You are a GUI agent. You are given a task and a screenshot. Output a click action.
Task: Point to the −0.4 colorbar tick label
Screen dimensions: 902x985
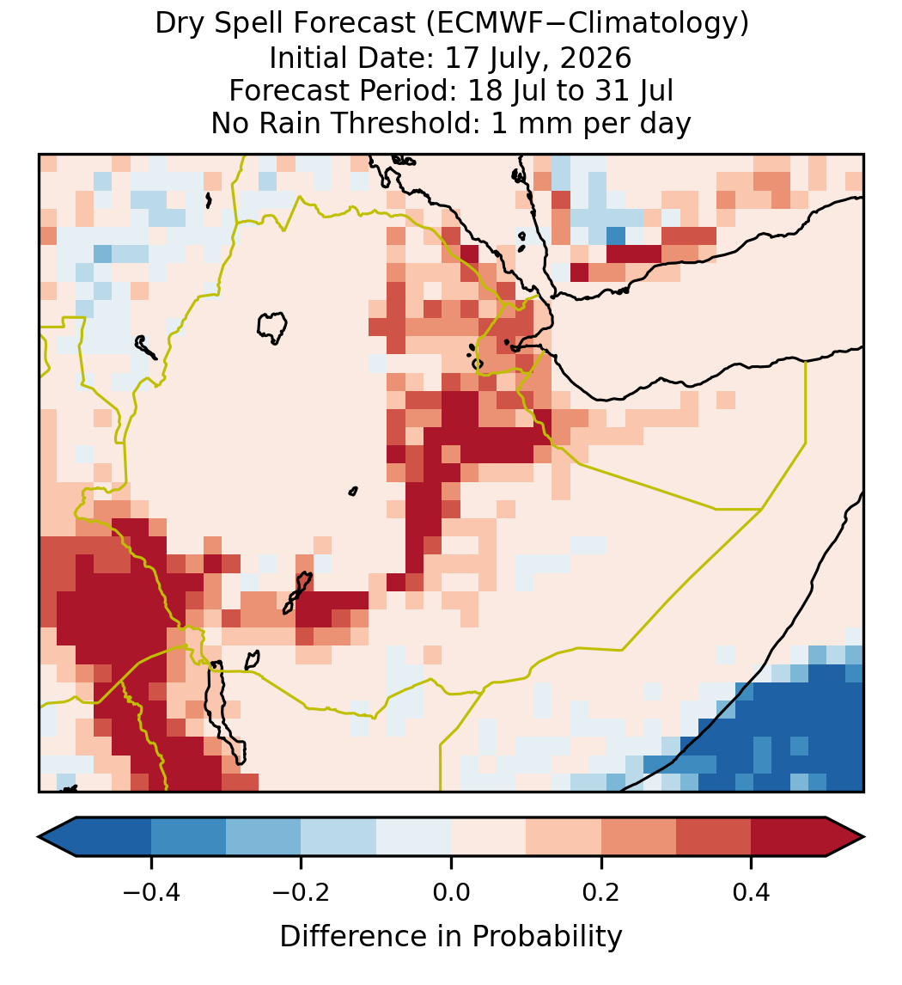(x=151, y=891)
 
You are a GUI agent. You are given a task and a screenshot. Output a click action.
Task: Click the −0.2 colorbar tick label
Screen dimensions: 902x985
(x=302, y=891)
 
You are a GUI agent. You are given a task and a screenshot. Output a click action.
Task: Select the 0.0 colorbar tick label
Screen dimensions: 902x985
(x=451, y=891)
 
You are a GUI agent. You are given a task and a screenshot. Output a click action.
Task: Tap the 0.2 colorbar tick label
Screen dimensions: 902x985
(x=601, y=891)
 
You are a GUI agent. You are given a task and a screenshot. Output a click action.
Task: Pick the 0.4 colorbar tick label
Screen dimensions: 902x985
(x=752, y=891)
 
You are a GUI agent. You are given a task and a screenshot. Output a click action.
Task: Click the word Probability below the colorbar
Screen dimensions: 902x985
(x=546, y=937)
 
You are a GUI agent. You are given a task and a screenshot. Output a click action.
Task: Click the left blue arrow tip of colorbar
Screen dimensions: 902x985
(x=40, y=837)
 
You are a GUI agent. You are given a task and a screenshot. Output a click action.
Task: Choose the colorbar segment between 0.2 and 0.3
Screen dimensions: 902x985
(x=639, y=837)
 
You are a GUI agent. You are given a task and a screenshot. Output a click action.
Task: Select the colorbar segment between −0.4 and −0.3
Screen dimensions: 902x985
(x=189, y=837)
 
